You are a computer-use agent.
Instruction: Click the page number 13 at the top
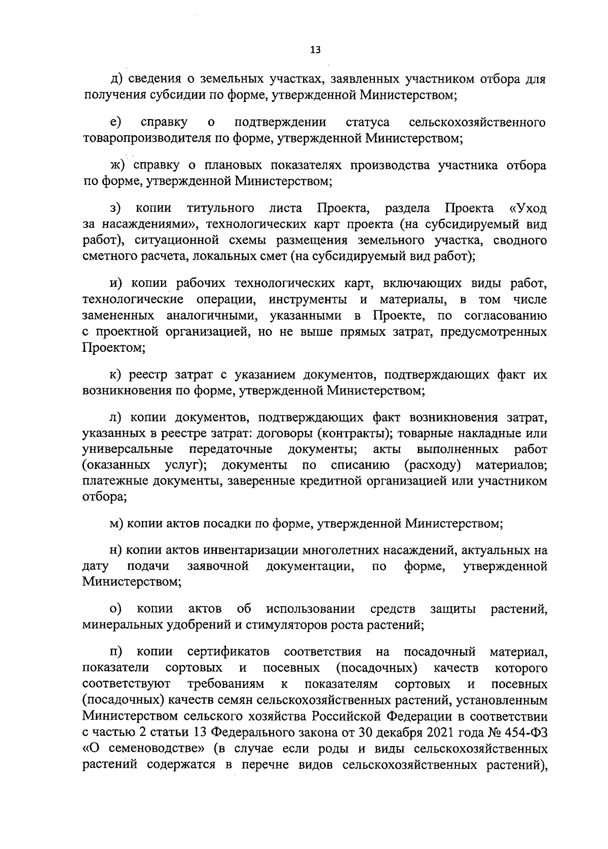tap(315, 50)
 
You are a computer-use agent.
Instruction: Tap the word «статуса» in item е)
tap(367, 122)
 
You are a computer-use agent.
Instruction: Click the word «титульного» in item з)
tap(220, 208)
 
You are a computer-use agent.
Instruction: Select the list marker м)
tap(118, 524)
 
